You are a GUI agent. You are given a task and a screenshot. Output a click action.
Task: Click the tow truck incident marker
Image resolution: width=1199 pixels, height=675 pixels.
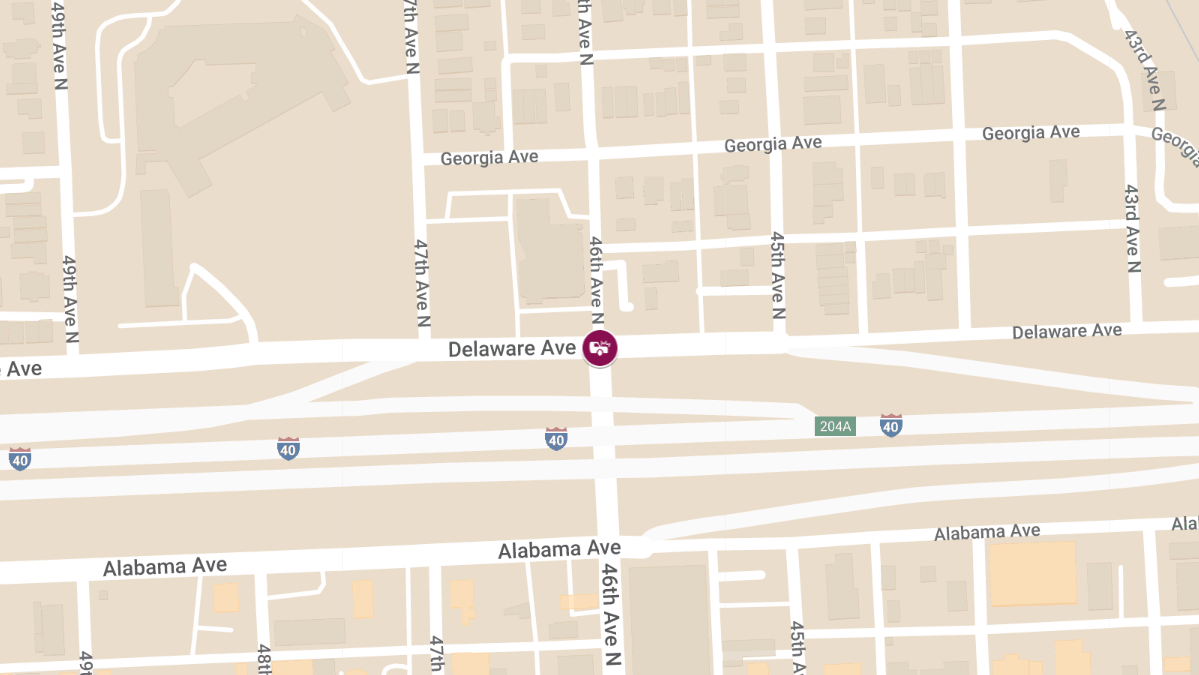click(x=599, y=348)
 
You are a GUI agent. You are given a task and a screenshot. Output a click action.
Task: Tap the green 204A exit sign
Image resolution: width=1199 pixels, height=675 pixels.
click(x=834, y=426)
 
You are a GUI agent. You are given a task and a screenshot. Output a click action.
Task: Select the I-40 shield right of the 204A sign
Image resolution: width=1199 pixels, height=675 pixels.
click(x=891, y=426)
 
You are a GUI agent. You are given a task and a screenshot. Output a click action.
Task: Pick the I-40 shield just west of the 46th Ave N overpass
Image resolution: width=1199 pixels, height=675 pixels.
click(x=556, y=438)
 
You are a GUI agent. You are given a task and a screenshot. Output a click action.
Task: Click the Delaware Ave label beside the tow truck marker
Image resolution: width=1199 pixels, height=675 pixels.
click(x=512, y=349)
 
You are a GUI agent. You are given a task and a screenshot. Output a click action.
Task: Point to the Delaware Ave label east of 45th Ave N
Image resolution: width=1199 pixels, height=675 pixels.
click(x=1067, y=331)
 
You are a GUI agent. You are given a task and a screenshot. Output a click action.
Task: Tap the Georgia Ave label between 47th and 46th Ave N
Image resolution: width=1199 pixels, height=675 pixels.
click(x=489, y=157)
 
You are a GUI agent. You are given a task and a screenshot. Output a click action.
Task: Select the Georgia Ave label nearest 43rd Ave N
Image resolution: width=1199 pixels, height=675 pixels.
click(x=1030, y=133)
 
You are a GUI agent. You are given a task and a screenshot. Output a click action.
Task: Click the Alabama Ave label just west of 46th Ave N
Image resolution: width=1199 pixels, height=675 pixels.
click(x=560, y=549)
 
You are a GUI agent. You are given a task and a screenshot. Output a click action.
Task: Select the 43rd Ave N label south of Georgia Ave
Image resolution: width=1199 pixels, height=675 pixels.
click(x=1132, y=228)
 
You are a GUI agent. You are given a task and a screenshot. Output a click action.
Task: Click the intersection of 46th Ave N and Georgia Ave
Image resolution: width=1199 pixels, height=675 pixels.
click(x=593, y=151)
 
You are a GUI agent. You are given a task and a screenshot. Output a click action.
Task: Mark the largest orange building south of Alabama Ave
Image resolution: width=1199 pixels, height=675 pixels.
click(x=1032, y=573)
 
